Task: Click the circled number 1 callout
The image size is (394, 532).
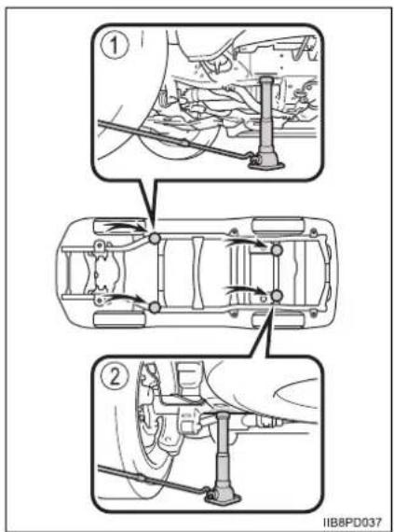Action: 115,46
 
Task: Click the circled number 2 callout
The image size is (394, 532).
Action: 115,377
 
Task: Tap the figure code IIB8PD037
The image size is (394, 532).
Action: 352,522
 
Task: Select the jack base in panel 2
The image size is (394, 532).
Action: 223,497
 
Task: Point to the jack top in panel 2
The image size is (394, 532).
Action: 223,415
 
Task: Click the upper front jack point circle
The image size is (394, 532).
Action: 155,239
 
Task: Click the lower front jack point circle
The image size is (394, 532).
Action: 155,307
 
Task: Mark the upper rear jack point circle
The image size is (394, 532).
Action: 277,250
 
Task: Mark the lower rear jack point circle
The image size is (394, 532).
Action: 277,296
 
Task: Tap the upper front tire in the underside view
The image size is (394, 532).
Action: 119,226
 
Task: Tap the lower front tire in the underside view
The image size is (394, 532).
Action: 119,320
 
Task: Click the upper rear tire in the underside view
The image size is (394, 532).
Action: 279,226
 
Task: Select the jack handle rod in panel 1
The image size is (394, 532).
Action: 173,139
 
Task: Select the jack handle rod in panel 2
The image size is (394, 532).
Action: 153,479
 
